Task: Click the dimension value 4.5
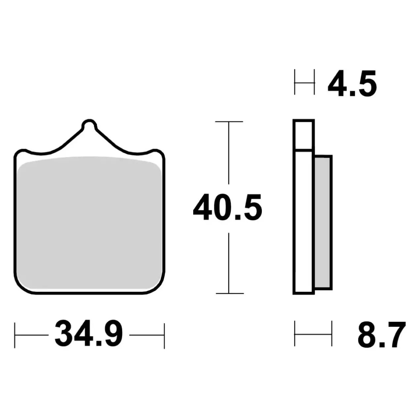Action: point(352,83)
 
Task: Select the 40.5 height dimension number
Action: point(228,207)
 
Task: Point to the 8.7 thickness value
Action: point(382,335)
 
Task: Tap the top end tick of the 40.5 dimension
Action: point(229,121)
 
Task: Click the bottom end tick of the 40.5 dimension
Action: point(230,293)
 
